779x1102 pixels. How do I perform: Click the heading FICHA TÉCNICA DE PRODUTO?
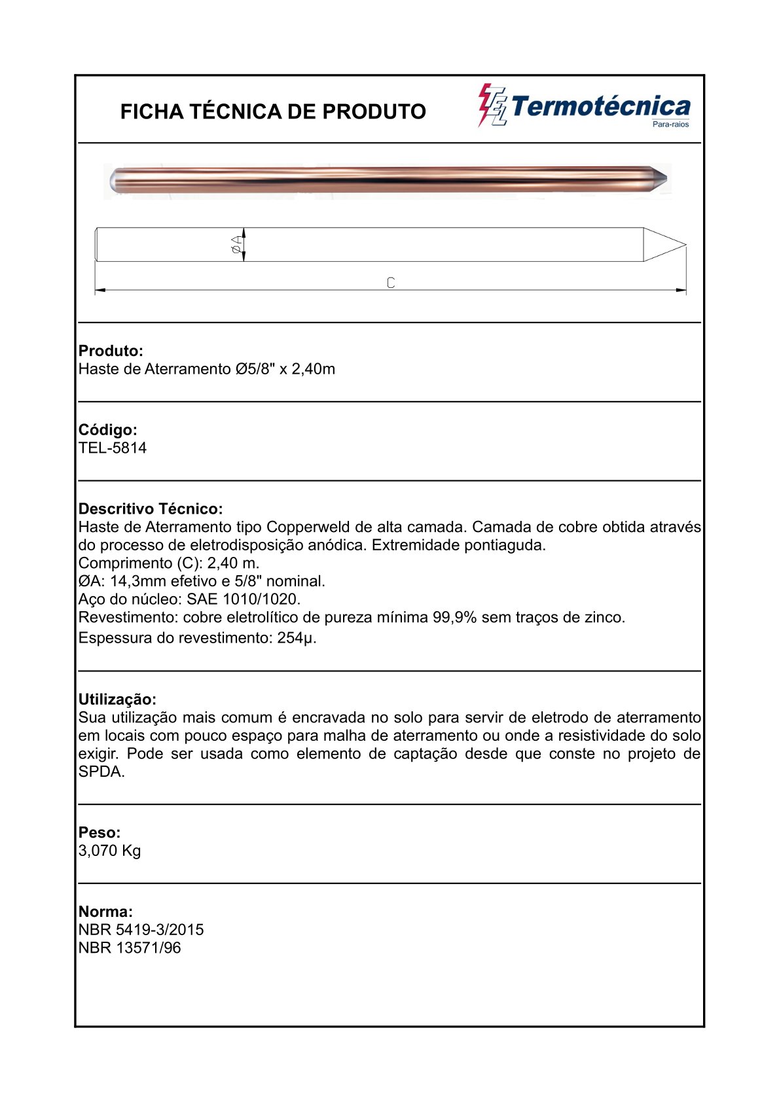(x=273, y=112)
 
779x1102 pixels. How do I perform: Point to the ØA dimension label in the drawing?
(x=236, y=245)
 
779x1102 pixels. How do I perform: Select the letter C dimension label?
(x=391, y=283)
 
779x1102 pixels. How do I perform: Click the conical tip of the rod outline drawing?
(x=664, y=245)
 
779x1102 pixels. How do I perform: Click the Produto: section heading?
(x=111, y=351)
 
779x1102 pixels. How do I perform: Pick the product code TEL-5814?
(x=113, y=448)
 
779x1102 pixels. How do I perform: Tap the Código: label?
(x=108, y=430)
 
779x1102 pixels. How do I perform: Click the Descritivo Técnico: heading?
(x=151, y=509)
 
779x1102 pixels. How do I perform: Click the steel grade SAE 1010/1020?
(x=244, y=599)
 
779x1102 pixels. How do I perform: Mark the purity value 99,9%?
(x=454, y=618)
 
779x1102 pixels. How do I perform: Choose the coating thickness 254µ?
(x=297, y=638)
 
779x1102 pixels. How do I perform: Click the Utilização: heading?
(x=117, y=700)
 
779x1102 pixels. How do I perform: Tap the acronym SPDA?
(x=101, y=772)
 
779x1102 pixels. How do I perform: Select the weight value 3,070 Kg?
(x=110, y=851)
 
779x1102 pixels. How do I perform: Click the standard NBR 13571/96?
(x=130, y=948)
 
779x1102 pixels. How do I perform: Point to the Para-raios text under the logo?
(x=671, y=124)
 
